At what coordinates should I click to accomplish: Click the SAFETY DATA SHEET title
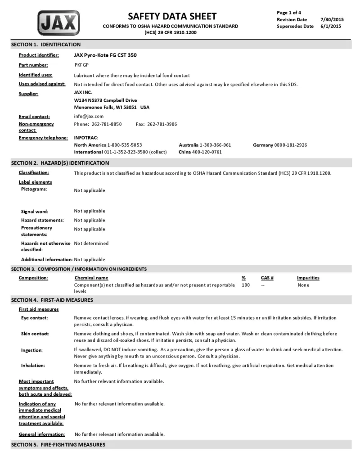click(x=172, y=17)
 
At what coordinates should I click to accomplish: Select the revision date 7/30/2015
click(x=332, y=19)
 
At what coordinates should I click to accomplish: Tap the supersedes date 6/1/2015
click(x=331, y=26)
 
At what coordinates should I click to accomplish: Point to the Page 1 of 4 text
click(x=289, y=13)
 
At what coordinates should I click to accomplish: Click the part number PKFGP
click(x=81, y=65)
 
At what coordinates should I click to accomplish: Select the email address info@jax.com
click(x=89, y=116)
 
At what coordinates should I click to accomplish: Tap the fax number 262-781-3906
click(x=162, y=124)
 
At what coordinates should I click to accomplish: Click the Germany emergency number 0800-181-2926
click(x=291, y=145)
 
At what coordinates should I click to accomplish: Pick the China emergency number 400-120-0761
click(x=207, y=152)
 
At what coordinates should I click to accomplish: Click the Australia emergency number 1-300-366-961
click(x=215, y=145)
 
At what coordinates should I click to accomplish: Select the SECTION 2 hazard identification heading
click(x=60, y=163)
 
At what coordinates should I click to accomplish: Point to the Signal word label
click(x=35, y=212)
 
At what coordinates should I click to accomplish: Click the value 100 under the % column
click(x=246, y=285)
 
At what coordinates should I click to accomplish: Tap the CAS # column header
click(x=267, y=278)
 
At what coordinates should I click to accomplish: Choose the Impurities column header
click(x=308, y=278)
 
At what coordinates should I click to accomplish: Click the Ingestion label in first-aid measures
click(x=32, y=350)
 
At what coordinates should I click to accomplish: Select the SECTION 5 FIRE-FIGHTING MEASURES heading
click(x=58, y=445)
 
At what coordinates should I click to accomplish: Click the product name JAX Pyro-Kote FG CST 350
click(x=105, y=55)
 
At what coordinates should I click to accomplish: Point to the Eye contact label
click(x=35, y=318)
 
